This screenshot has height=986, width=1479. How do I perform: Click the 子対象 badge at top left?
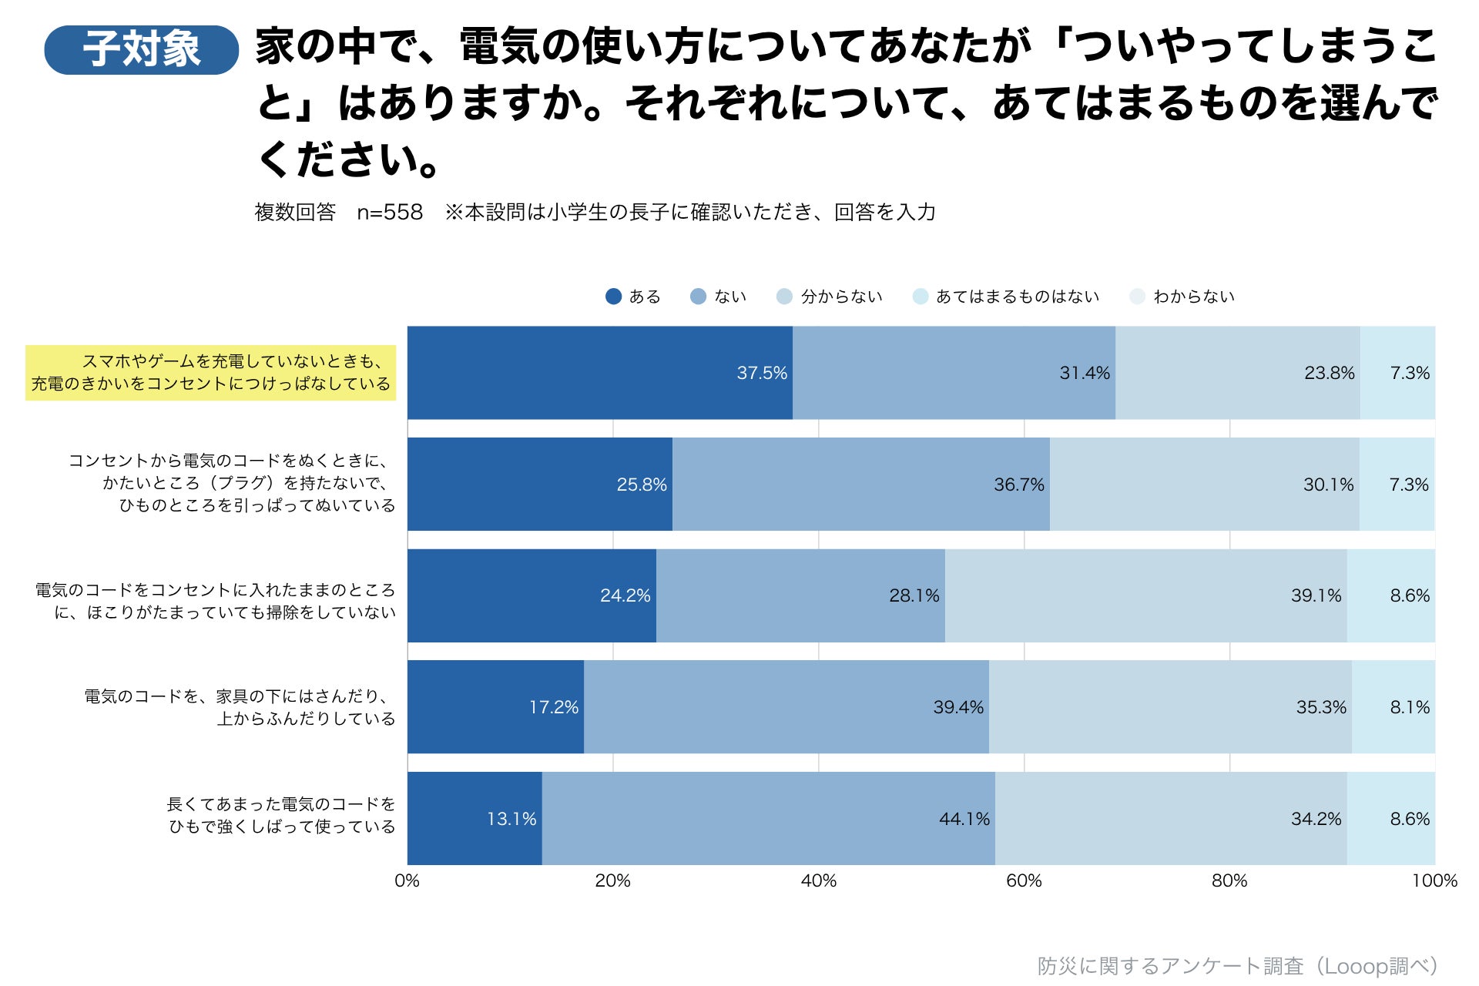point(142,49)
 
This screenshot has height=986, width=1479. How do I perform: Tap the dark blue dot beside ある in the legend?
point(613,297)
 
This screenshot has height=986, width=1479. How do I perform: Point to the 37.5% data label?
point(762,373)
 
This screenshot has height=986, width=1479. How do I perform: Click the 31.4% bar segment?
point(954,373)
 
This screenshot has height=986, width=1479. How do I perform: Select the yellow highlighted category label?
point(210,373)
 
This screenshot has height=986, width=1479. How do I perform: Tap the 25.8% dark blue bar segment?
point(539,484)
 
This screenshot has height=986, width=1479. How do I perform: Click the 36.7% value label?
point(1019,485)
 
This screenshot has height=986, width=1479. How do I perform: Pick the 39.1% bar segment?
point(1145,595)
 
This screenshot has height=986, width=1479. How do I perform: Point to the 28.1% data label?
point(914,595)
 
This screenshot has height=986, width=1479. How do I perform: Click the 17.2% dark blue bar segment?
point(495,706)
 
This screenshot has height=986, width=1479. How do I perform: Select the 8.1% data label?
point(1410,707)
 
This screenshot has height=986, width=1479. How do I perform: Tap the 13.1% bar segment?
point(475,818)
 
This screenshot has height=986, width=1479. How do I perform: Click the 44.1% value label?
point(964,819)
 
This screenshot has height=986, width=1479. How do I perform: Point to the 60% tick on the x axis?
point(1024,880)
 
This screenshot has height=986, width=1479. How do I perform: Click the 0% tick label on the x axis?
point(407,880)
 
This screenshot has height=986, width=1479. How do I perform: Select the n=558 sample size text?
point(390,212)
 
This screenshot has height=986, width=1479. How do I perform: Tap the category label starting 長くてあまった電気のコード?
point(281,815)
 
